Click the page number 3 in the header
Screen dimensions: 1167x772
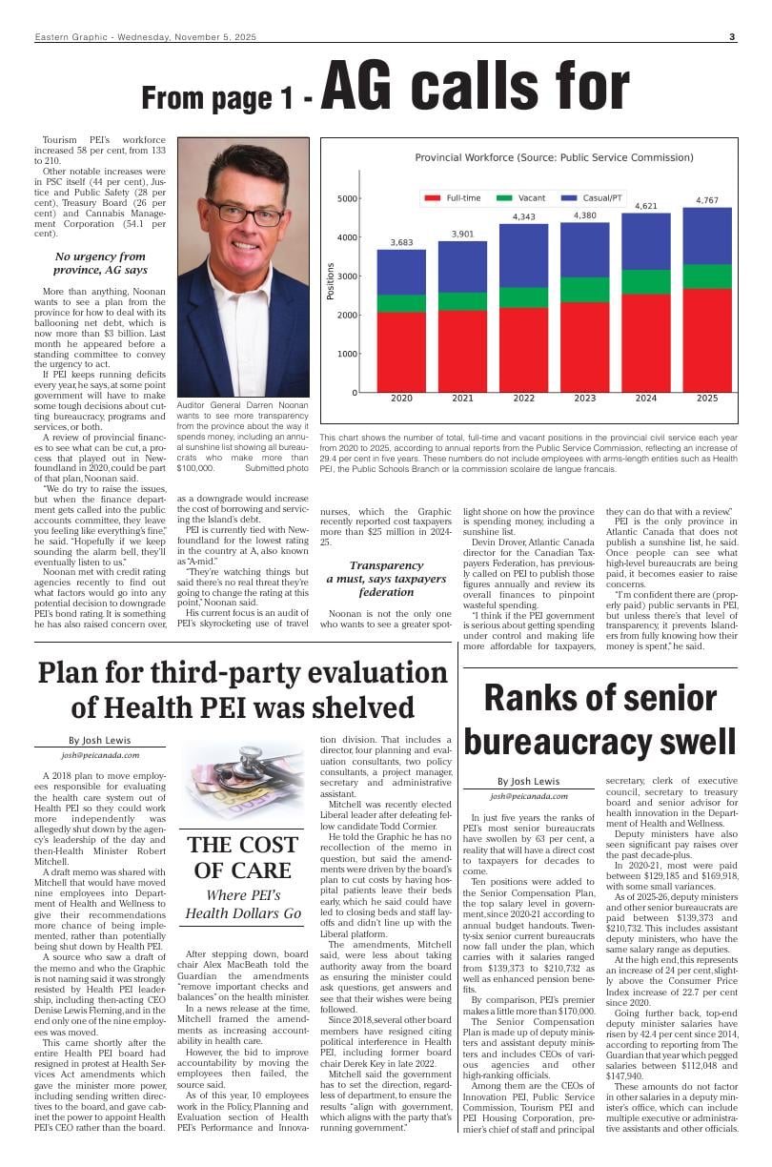coord(732,37)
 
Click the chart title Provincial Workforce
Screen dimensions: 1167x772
coord(527,157)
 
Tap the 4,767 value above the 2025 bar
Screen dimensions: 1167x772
coord(706,200)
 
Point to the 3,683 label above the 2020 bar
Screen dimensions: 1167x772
coord(401,242)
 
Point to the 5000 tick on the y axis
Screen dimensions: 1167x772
coord(347,198)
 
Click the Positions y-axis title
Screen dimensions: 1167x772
coord(331,282)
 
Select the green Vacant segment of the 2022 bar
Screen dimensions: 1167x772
coord(523,297)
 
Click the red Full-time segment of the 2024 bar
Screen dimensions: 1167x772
coord(645,343)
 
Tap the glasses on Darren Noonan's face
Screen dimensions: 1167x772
coord(245,212)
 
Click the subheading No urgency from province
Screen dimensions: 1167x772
coord(100,263)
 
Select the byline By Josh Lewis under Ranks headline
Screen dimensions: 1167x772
coord(528,781)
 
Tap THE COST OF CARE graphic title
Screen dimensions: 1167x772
coord(243,857)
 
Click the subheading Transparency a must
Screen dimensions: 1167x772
coord(386,578)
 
